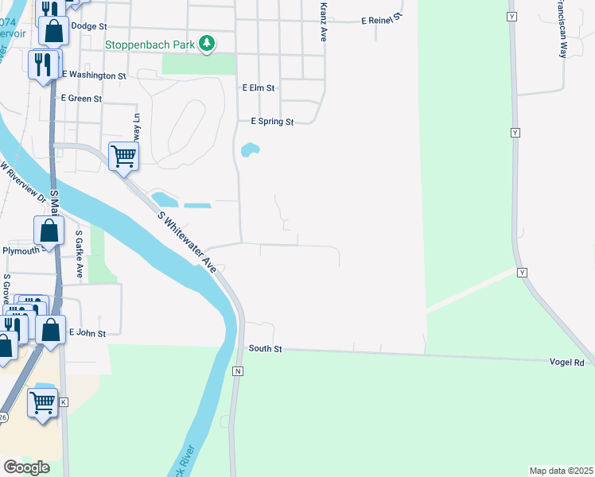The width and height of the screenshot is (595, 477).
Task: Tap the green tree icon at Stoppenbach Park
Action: [x=207, y=43]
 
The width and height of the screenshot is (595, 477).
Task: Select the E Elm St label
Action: [x=259, y=88]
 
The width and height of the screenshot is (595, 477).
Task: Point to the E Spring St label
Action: [x=272, y=122]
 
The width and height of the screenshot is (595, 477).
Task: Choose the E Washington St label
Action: [x=94, y=75]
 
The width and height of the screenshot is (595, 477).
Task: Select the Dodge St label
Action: [x=88, y=25]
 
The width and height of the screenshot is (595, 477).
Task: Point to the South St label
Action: [x=266, y=348]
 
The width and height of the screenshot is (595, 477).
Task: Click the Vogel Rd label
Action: [x=566, y=362]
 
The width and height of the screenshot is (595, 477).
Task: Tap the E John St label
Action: [x=87, y=333]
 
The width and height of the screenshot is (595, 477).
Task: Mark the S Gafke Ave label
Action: [x=79, y=254]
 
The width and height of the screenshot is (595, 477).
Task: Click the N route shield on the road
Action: [x=237, y=371]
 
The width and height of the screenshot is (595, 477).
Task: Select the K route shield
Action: [x=64, y=402]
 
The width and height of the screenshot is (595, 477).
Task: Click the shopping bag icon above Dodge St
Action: [x=53, y=32]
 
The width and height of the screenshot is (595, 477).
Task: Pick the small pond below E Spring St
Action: [x=250, y=149]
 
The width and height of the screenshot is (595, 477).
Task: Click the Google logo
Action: [x=26, y=467]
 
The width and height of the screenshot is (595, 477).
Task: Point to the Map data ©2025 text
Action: [x=560, y=471]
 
